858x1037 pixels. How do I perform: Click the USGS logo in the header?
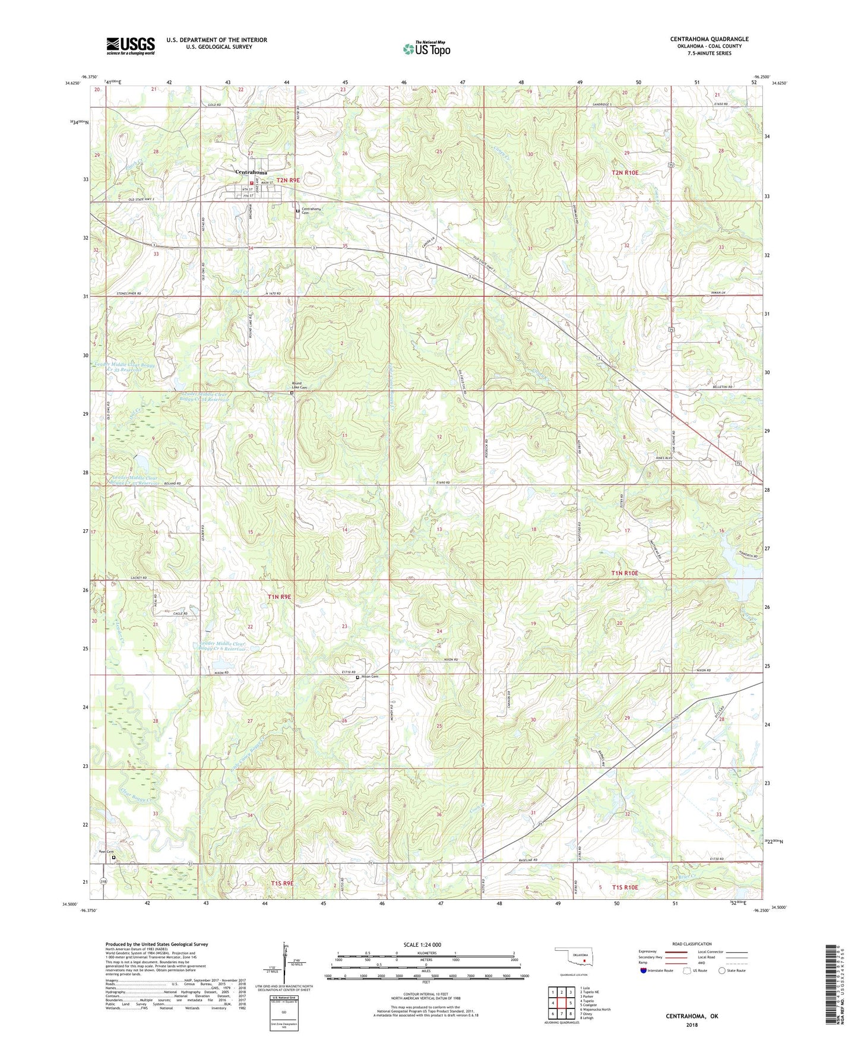131,46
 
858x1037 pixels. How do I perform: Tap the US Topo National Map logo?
426,49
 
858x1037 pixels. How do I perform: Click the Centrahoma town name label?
251,172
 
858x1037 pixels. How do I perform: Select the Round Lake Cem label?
300,385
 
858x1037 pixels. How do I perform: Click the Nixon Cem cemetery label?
370,676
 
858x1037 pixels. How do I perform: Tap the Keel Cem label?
106,851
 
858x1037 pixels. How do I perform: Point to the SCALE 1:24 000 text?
422,944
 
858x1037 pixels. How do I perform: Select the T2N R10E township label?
625,173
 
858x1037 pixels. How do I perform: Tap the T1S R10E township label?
621,887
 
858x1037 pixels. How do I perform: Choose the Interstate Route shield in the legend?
644,970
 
